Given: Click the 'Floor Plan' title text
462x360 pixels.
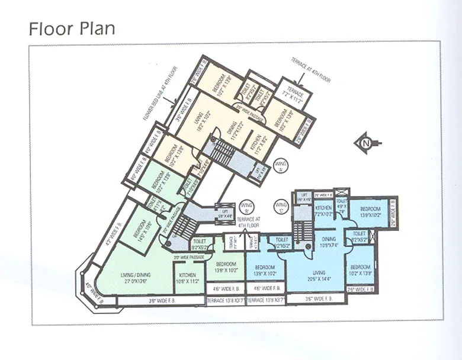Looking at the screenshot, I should [x=72, y=28].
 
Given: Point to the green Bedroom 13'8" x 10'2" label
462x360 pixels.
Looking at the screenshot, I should [x=226, y=266].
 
